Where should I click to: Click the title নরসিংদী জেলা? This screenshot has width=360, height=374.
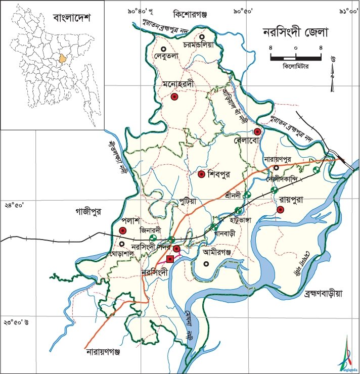(x=296, y=33)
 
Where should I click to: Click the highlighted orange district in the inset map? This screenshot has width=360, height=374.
(x=63, y=58)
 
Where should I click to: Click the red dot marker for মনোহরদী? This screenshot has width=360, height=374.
(x=174, y=97)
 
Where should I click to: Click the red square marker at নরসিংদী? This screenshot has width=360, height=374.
(x=170, y=259)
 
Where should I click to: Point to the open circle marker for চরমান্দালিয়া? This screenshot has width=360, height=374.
(x=202, y=36)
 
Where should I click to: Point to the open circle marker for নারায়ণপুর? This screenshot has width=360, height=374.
(x=277, y=168)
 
